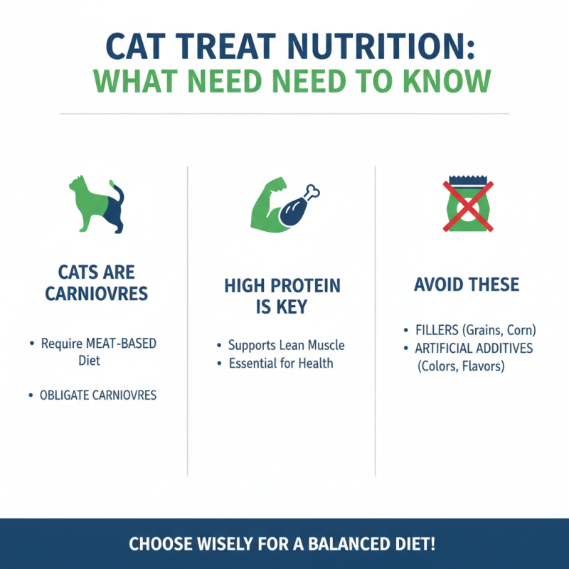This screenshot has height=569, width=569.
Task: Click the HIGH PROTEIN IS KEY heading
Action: coord(282,297)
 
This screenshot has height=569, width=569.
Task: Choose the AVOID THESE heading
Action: coord(467,285)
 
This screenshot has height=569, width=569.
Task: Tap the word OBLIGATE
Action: coord(65,395)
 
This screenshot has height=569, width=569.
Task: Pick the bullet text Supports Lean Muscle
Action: coord(286,346)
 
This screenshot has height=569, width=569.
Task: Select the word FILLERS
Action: coord(437,331)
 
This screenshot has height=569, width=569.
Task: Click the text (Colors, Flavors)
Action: coord(462,367)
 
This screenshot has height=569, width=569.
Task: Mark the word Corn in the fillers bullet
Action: coord(521,331)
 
